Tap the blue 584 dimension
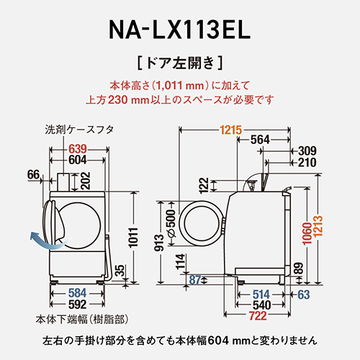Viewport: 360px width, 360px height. [x=77, y=292]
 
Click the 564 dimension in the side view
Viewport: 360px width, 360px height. [x=262, y=140]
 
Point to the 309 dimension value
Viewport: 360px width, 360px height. [x=307, y=150]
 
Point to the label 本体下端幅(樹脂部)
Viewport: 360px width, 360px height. [x=78, y=318]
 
